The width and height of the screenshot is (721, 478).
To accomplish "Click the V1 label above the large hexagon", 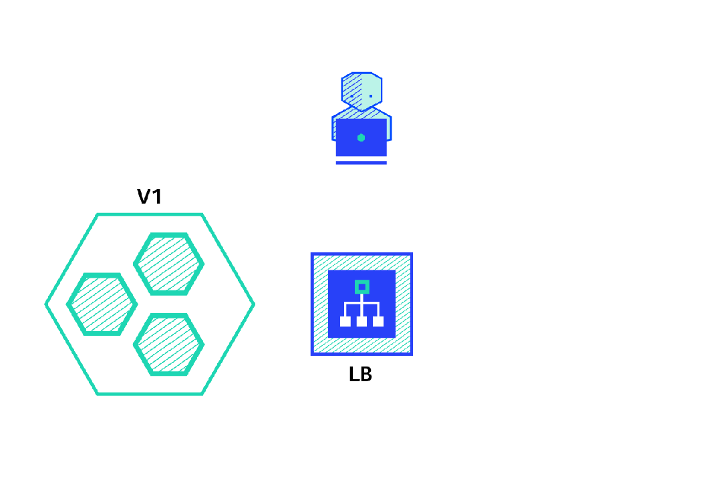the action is [150, 197].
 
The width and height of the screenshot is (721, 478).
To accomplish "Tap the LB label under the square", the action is [360, 375].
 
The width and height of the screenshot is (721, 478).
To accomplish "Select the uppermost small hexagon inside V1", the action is [169, 264].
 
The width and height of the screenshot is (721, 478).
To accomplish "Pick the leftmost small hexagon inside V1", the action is [102, 304].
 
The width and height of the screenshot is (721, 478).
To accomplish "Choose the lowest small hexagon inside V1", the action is [169, 344].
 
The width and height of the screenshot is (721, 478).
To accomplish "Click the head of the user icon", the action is [362, 91].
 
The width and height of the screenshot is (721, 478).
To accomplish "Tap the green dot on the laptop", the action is [361, 138].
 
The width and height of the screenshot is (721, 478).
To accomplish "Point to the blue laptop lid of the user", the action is [361, 137].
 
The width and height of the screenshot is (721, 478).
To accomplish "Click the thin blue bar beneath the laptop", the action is [361, 162].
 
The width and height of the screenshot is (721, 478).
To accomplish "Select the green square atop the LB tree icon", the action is [362, 286].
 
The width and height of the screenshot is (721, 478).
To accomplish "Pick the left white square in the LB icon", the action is [345, 321].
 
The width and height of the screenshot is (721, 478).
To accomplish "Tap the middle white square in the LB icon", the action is [362, 321].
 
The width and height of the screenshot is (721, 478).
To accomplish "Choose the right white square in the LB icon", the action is [378, 321].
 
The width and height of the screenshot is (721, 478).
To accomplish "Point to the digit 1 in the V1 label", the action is [158, 197].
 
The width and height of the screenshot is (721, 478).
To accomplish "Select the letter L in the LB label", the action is [354, 375].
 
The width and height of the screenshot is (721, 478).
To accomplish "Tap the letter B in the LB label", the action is [366, 375].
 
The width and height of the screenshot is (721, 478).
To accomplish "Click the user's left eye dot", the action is [352, 96].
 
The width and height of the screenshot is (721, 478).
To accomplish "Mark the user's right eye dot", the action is [371, 96].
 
